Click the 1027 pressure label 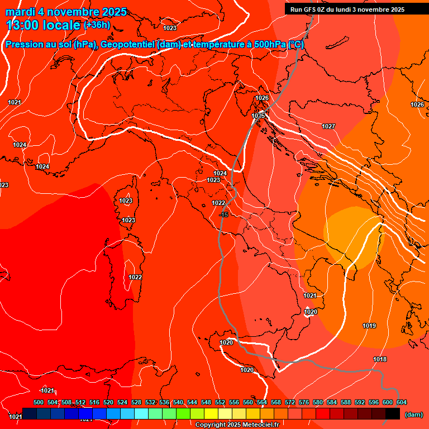328,127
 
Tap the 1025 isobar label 258,116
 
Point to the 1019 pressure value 369,326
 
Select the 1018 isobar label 380,359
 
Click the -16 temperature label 224,215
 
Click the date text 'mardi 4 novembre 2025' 66,12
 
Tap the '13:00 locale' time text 42,25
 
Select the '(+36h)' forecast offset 97,25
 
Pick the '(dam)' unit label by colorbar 413,414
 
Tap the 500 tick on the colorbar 39,402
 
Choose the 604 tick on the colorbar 401,402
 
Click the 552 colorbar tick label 220,402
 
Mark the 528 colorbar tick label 136,402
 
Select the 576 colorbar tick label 304,402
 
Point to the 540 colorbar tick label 178,402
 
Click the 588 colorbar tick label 346,402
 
